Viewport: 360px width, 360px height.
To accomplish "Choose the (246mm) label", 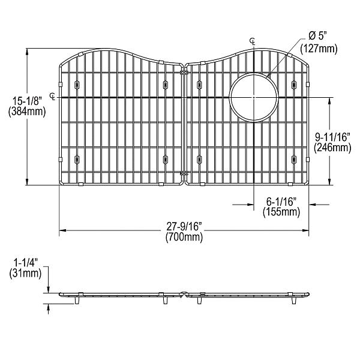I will [x=333, y=148].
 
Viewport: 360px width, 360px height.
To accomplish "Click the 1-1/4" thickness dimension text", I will [x=25, y=263].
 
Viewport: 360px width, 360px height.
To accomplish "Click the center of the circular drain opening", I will [x=254, y=97].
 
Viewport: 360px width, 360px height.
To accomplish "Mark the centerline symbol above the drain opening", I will [x=253, y=40].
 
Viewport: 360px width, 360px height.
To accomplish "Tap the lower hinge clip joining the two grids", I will [x=184, y=174].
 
